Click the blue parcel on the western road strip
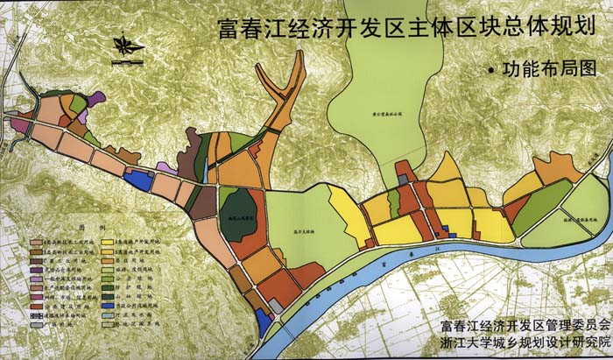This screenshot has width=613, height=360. (x=137, y=179)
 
